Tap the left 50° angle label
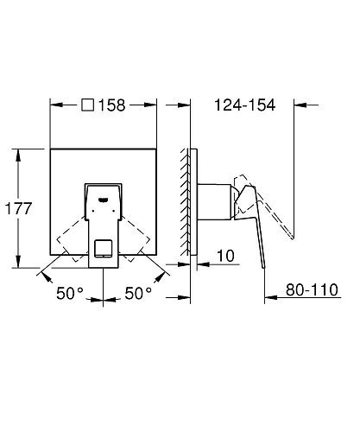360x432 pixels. (x=71, y=293)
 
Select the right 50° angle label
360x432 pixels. (x=138, y=293)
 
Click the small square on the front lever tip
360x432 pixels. (x=103, y=250)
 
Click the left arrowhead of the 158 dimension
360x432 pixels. (x=54, y=105)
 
